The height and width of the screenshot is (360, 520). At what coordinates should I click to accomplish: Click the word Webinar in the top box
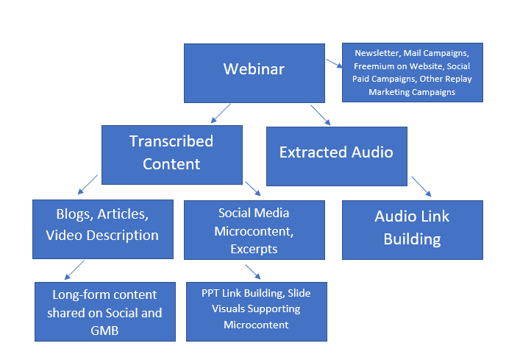tap(254, 69)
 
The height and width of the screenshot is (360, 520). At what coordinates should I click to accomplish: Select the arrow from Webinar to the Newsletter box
tap(334, 63)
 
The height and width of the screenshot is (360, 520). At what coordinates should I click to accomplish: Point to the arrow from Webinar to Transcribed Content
tap(221, 113)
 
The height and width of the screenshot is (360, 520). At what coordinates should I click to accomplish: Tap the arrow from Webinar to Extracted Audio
tap(321, 115)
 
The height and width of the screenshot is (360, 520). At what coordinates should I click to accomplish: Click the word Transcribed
tap(171, 141)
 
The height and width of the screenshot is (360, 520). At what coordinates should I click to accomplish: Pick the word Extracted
tap(313, 152)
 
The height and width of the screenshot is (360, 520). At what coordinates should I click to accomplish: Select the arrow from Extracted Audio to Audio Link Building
tap(421, 186)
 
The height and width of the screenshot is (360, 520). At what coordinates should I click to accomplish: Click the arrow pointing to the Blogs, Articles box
tap(88, 185)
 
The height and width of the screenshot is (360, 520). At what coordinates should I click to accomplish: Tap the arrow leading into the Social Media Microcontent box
tap(253, 188)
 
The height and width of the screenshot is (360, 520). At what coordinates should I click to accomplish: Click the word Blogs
tap(73, 214)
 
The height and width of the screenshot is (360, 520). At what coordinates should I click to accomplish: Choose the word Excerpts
tap(254, 249)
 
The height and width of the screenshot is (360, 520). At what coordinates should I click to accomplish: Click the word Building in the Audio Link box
tap(412, 239)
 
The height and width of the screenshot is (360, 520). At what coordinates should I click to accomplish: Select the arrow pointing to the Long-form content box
tap(74, 270)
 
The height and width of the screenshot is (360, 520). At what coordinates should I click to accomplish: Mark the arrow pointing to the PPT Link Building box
tap(253, 272)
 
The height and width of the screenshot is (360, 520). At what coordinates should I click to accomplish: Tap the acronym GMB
tap(104, 331)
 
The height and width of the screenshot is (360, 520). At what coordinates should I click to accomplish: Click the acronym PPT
tap(210, 293)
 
